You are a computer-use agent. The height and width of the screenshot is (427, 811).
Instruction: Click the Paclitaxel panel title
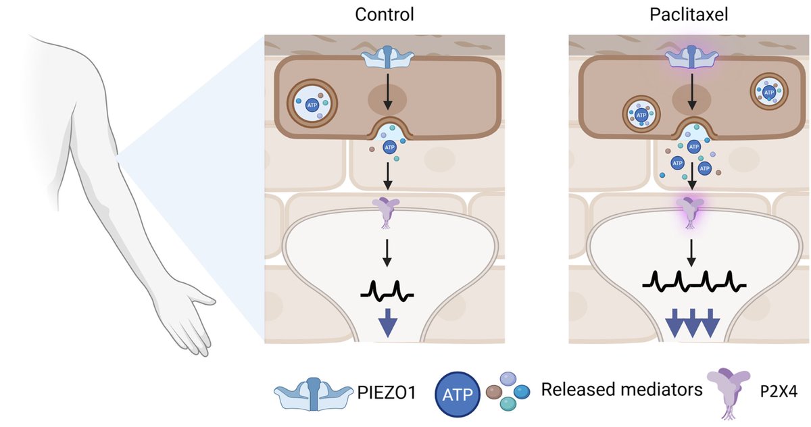click(x=689, y=15)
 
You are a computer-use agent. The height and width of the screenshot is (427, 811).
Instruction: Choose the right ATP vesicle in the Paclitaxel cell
click(x=769, y=91)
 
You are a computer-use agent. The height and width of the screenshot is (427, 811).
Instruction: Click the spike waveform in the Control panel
click(x=387, y=291)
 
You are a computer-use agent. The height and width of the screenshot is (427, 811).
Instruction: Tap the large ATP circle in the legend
click(x=458, y=392)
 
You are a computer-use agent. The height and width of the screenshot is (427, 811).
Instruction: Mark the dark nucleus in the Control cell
click(x=387, y=101)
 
